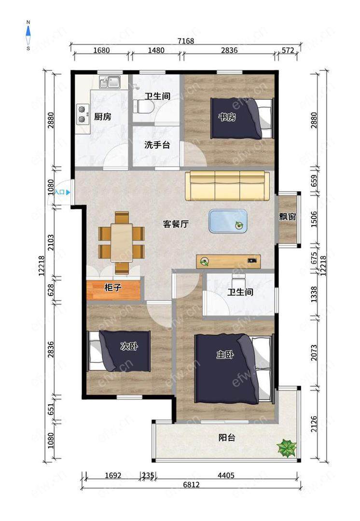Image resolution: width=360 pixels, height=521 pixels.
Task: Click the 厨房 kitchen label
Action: (x=102, y=117)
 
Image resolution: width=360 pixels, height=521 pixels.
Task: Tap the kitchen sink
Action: (x=110, y=82)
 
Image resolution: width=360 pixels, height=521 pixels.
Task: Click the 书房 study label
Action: (x=227, y=117)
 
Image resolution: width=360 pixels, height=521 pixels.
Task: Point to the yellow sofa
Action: (x=227, y=186)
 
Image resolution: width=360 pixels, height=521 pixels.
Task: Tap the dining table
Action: (x=122, y=243)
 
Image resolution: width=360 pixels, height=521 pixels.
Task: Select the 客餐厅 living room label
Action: (x=176, y=224)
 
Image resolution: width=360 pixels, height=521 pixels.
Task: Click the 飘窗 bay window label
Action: (x=288, y=217)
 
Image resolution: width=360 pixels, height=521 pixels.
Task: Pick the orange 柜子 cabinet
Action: (x=113, y=290)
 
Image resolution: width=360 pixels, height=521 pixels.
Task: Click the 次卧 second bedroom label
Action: (x=129, y=346)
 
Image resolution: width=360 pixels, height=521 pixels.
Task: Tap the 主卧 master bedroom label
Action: (x=225, y=355)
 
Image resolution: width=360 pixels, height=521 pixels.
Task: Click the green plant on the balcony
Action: (x=287, y=448)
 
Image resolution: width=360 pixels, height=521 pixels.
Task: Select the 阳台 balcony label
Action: (x=227, y=438)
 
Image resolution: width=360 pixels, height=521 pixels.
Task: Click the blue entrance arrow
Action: (x=68, y=192)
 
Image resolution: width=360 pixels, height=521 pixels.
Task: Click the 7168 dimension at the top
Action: (x=186, y=41)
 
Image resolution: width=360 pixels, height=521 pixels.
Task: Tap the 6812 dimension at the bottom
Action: (x=192, y=485)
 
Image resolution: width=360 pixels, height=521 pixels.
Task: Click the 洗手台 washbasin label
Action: (x=157, y=145)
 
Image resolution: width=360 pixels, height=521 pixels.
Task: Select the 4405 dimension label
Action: (x=226, y=476)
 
